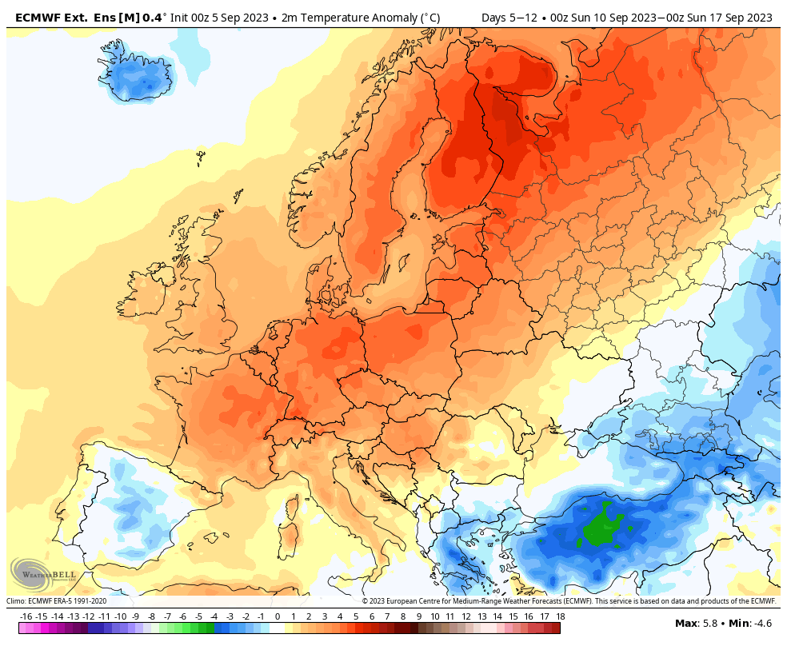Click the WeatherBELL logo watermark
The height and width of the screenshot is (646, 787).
coord(42,575)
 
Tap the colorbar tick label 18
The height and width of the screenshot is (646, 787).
coord(561,616)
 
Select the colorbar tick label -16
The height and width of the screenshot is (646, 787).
coord(26,616)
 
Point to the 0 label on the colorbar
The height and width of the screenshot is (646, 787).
coord(277,616)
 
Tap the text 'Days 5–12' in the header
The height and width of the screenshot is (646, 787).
coord(509,18)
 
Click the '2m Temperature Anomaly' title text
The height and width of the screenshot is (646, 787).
coord(349,18)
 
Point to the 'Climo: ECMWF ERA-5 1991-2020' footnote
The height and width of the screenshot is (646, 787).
coord(56,601)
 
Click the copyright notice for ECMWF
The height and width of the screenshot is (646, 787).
coord(569,601)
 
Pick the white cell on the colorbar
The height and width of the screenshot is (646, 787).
coord(277,628)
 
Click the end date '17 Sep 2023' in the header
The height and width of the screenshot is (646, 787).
coord(744,18)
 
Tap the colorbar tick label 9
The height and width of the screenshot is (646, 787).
coord(419,616)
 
